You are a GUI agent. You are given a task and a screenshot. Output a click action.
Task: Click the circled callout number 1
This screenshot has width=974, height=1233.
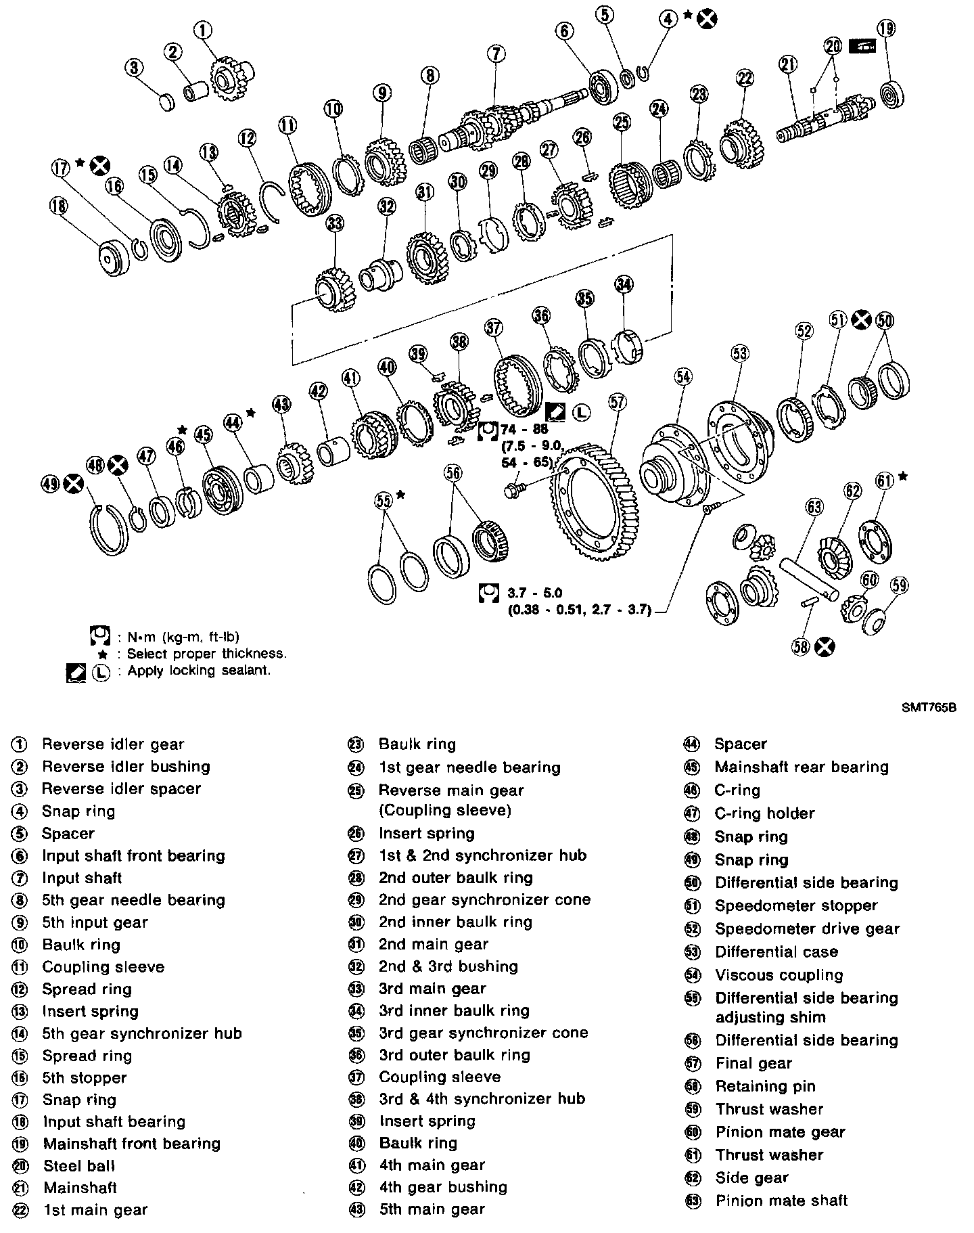coord(203,30)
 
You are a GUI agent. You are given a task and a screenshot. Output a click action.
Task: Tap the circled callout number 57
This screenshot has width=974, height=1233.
coord(618,403)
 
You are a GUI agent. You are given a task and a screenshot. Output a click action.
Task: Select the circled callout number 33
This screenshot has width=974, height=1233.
coord(334,223)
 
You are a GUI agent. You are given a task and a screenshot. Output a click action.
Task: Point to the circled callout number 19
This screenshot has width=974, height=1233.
coord(885,29)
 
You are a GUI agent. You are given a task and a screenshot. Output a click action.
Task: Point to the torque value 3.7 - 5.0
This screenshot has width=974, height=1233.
coord(534,593)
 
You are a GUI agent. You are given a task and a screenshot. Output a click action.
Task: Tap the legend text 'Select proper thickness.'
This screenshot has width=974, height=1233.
coord(206,654)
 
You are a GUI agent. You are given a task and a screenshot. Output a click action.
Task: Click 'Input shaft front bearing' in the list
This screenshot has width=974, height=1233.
coord(133,855)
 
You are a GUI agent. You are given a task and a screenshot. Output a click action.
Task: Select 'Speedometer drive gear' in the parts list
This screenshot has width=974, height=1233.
coord(808,929)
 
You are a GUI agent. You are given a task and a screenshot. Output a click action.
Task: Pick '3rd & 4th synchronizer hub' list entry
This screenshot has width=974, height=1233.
coord(482,1099)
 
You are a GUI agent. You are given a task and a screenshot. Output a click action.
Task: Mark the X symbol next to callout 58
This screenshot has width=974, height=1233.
coord(824,647)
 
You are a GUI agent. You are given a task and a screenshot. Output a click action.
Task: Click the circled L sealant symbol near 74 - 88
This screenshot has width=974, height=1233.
coord(581,411)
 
